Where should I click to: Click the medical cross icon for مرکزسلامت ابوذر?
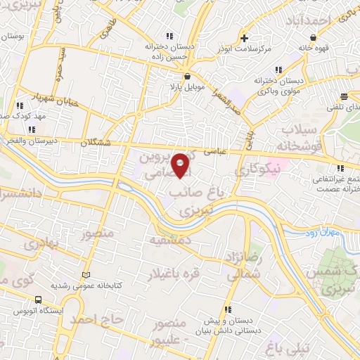click(x=243, y=37)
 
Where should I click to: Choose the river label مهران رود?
click(x=324, y=232)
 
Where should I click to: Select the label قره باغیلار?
click(x=172, y=273)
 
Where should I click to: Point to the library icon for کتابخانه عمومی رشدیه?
click(x=86, y=274)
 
